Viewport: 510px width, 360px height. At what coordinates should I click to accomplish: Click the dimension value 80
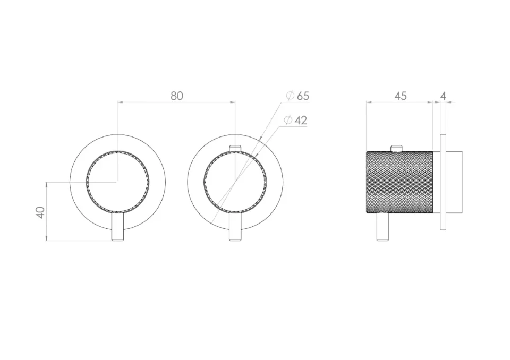(177, 96)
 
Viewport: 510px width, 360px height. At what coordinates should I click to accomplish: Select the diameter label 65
(303, 96)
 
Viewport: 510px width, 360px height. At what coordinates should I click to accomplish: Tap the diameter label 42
(301, 121)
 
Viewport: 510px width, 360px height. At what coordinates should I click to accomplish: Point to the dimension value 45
(401, 96)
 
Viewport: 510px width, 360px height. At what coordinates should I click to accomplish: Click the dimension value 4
(443, 96)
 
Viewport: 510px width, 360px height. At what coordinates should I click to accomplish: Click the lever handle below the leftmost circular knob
(118, 227)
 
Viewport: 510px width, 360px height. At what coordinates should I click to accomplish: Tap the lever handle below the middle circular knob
(235, 227)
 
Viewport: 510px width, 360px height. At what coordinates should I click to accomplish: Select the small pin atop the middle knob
(235, 148)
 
